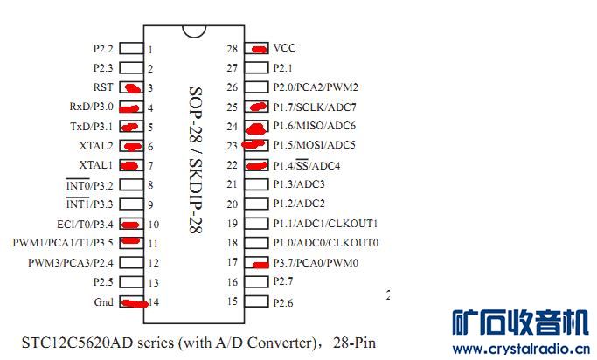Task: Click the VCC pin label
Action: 284,48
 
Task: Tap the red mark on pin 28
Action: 260,49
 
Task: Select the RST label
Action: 103,87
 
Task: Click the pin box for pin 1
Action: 131,48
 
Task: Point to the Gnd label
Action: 103,302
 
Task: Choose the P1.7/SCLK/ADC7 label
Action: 315,107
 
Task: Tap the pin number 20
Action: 233,204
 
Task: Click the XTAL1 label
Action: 96,165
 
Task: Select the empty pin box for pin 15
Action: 256,301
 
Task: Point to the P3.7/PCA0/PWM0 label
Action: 316,263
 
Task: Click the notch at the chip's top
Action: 194,31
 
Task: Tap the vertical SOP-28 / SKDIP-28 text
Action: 195,159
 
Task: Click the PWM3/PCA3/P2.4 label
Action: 71,263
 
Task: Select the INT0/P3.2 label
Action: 89,184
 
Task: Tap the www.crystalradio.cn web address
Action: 521,349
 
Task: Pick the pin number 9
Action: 150,205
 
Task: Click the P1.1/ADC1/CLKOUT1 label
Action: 325,224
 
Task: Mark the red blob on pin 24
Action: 256,129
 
